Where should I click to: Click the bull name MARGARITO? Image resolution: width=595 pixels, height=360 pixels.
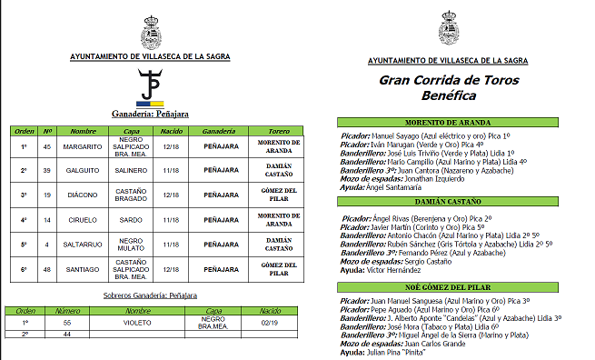click(x=83, y=145)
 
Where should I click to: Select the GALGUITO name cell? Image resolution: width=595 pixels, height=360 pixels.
click(x=83, y=170)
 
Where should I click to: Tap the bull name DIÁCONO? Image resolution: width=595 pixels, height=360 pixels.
click(x=83, y=195)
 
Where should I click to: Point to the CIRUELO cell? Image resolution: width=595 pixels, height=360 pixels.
click(x=83, y=219)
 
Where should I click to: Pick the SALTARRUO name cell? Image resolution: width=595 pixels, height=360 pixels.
click(x=83, y=244)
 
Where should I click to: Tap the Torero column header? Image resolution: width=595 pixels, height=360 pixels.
click(x=267, y=131)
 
